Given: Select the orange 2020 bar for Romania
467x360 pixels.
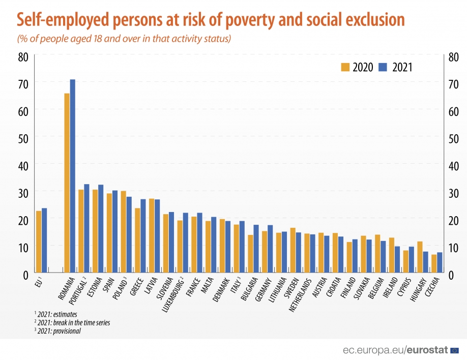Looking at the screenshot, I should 67,183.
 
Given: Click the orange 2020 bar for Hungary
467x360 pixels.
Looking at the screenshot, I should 419,257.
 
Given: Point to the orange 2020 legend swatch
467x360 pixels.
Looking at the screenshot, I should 344,67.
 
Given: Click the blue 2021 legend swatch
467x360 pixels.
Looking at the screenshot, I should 384,67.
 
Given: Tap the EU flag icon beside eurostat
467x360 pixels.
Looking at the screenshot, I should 455,350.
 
